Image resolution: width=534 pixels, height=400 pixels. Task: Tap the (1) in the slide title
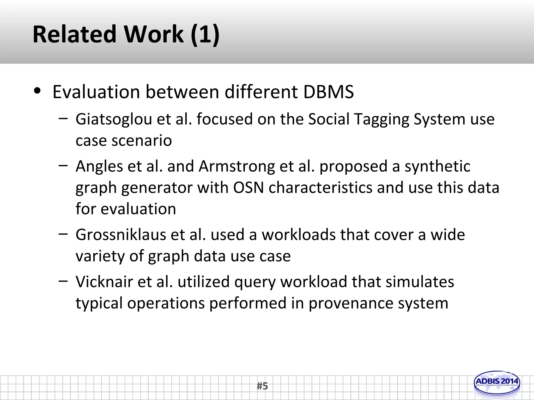(x=205, y=34)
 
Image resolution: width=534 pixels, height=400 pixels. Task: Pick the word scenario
(x=142, y=141)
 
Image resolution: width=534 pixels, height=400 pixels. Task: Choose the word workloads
(x=299, y=235)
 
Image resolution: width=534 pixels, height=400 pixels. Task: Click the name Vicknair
(x=104, y=282)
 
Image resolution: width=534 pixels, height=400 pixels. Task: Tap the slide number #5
(x=262, y=386)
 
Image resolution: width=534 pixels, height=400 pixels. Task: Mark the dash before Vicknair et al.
(x=63, y=281)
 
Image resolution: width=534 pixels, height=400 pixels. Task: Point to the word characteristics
(x=320, y=187)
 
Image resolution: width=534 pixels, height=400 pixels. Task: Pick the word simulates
(x=420, y=282)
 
